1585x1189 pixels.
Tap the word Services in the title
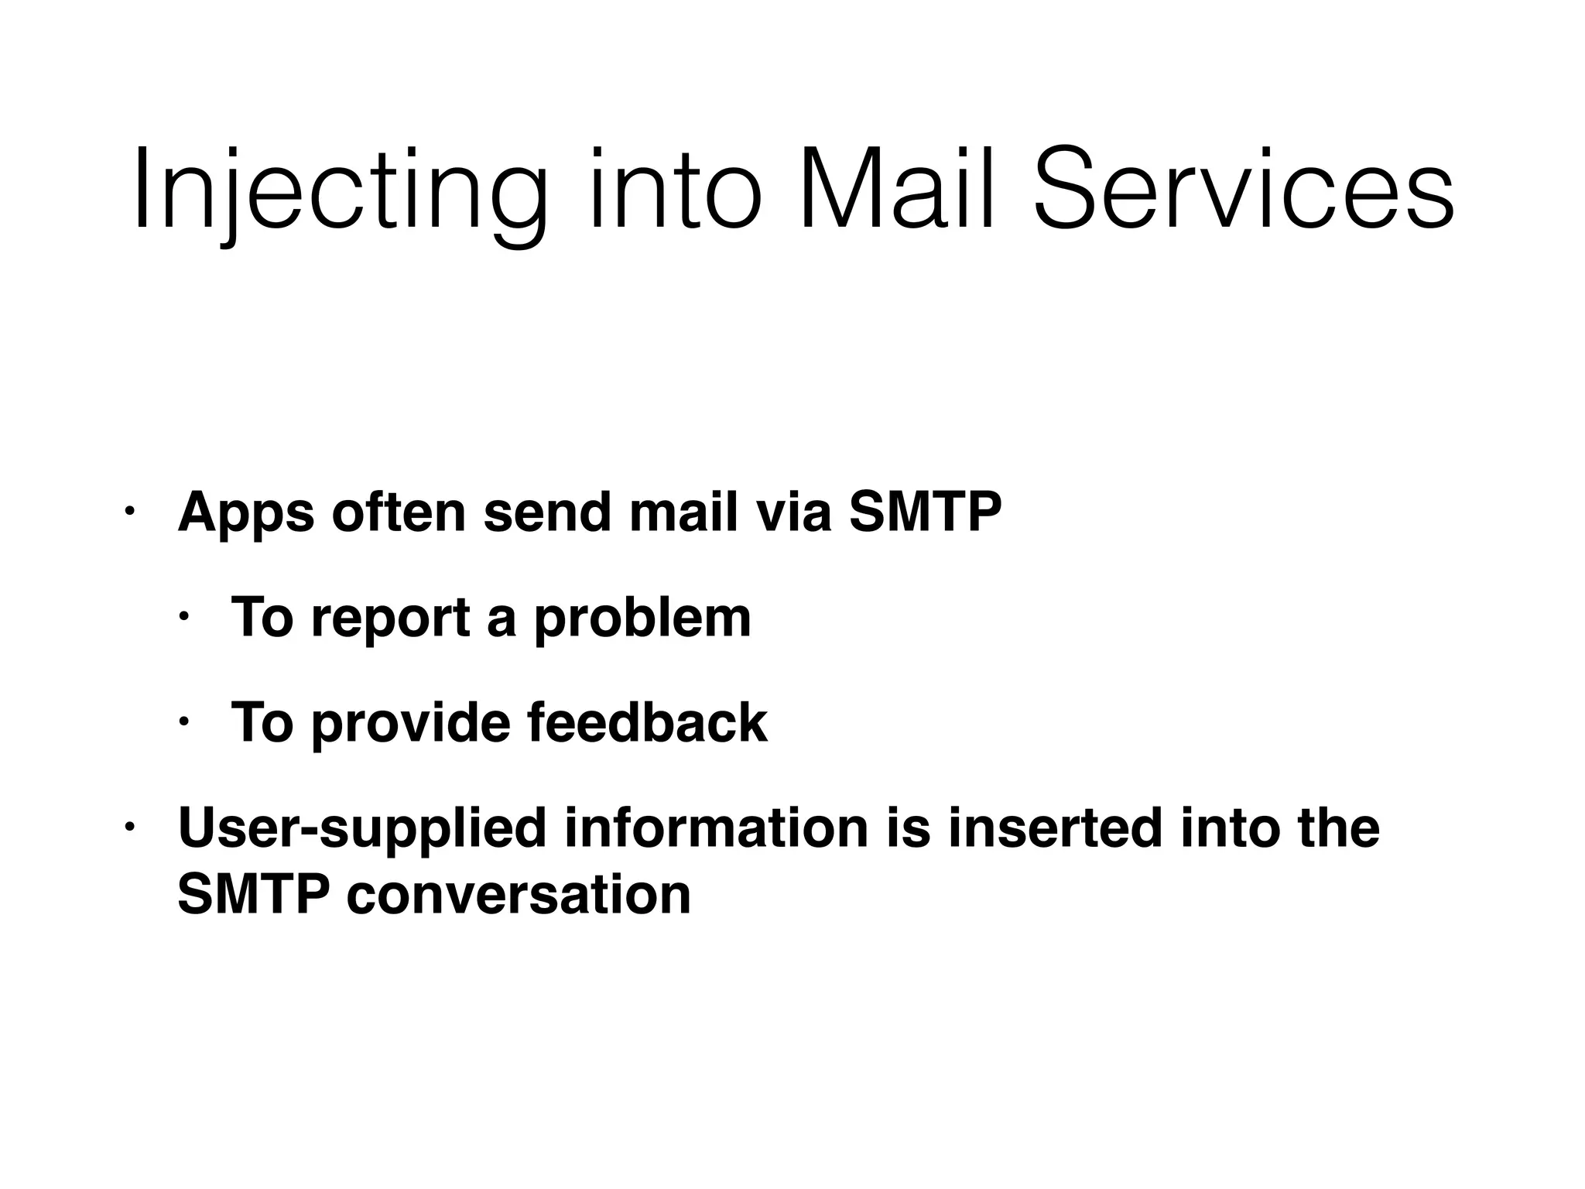(1244, 192)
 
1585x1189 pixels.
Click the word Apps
(246, 513)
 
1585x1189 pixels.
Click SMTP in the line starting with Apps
(925, 512)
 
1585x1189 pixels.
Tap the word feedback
(648, 722)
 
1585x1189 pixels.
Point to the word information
(716, 828)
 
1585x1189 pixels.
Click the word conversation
(519, 895)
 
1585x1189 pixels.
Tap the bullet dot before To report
(183, 617)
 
